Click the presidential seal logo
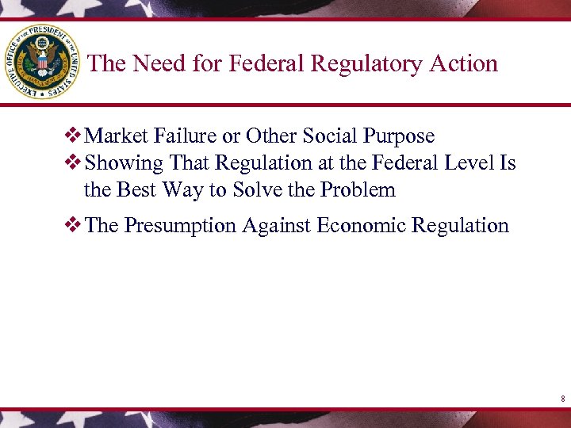[x=40, y=61]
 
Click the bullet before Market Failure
[x=75, y=136]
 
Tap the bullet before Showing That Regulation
[x=75, y=163]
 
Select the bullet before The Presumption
[x=75, y=226]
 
